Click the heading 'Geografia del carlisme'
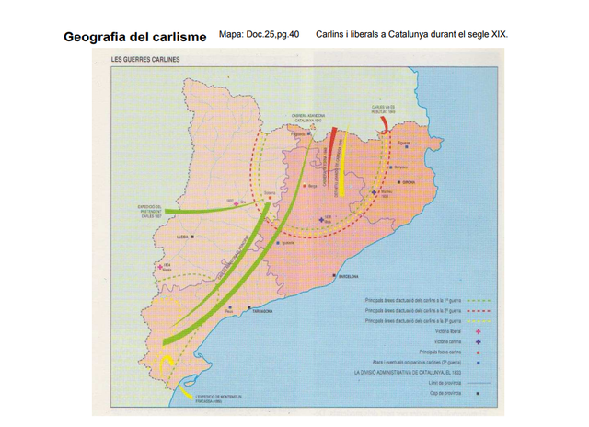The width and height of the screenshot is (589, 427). [x=135, y=38]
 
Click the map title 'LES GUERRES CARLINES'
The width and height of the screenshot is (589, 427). [x=145, y=60]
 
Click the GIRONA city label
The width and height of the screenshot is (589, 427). [x=410, y=183]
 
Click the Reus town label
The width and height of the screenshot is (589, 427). [x=229, y=312]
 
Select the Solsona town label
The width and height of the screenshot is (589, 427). [x=270, y=194]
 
